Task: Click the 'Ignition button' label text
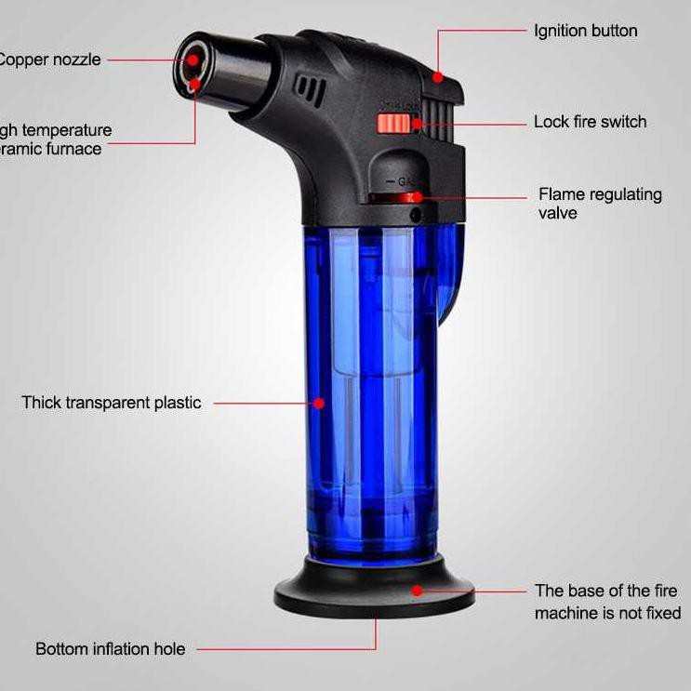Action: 585,31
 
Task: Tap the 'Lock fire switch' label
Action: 590,122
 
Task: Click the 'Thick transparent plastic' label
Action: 111,403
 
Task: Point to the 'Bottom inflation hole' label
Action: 111,649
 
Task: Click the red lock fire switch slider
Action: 391,124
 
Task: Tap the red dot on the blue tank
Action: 319,403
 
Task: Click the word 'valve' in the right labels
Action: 558,213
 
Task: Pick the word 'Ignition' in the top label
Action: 560,31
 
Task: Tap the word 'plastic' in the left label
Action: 178,403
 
